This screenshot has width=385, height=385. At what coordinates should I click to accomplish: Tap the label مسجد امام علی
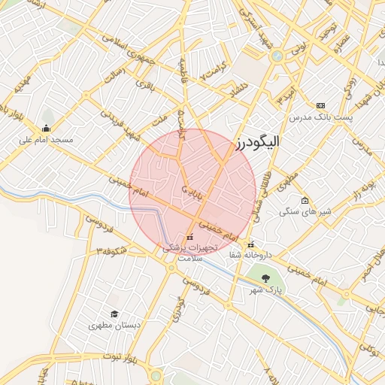click(46, 140)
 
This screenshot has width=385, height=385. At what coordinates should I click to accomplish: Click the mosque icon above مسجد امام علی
click(47, 128)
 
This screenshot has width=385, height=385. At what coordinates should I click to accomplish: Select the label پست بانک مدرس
click(320, 117)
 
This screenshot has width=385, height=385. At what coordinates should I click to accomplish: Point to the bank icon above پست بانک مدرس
click(321, 105)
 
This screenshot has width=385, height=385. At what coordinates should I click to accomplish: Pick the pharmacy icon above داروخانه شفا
click(250, 244)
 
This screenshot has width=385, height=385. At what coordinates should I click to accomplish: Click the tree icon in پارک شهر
click(264, 278)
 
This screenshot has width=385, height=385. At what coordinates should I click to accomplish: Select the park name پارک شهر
click(264, 290)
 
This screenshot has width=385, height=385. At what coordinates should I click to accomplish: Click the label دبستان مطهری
click(114, 326)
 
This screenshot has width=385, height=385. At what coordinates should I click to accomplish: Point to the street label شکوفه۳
click(111, 250)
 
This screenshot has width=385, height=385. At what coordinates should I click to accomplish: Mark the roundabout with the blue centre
click(277, 55)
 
